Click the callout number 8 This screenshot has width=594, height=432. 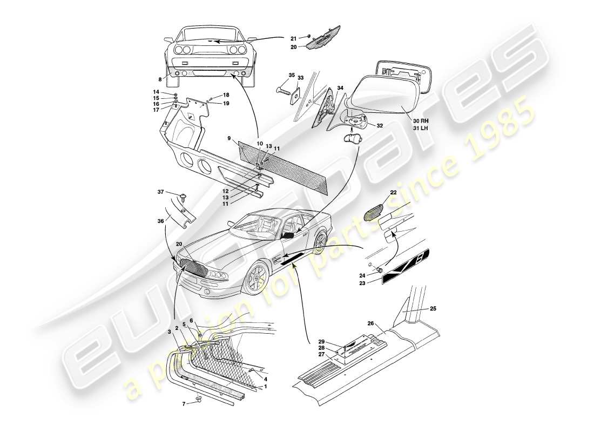coord(160,79)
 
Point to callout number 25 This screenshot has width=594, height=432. coord(433,309)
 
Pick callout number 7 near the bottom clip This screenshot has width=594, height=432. coord(184,404)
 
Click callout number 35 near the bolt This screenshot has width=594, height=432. coord(292,76)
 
